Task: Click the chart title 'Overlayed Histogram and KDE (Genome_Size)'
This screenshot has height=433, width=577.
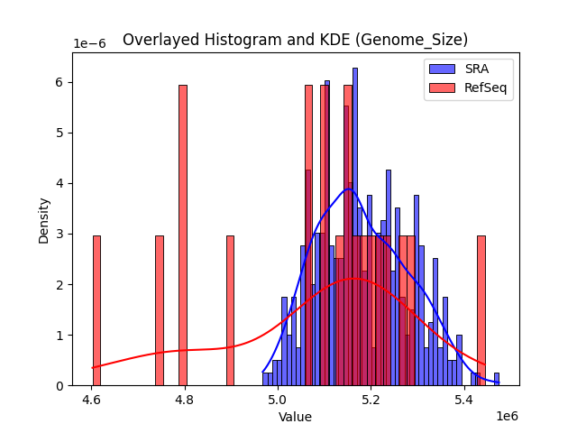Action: pos(295,40)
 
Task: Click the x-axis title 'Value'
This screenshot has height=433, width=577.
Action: pos(295,417)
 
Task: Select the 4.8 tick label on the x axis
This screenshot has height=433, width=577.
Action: pos(184,399)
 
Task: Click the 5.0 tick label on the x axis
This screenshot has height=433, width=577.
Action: pos(278,399)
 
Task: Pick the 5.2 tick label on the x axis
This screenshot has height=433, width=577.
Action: pos(371,399)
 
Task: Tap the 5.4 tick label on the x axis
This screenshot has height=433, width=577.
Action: pos(463,399)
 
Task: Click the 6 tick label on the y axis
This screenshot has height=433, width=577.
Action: pos(60,82)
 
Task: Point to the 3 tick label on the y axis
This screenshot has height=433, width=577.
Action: pos(60,234)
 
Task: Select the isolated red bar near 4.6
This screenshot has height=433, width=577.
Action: pos(96,310)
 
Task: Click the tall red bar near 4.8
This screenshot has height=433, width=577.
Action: pos(183,235)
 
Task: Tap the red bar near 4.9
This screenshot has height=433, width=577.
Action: pos(230,310)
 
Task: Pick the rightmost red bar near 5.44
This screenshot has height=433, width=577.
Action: pos(481,310)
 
